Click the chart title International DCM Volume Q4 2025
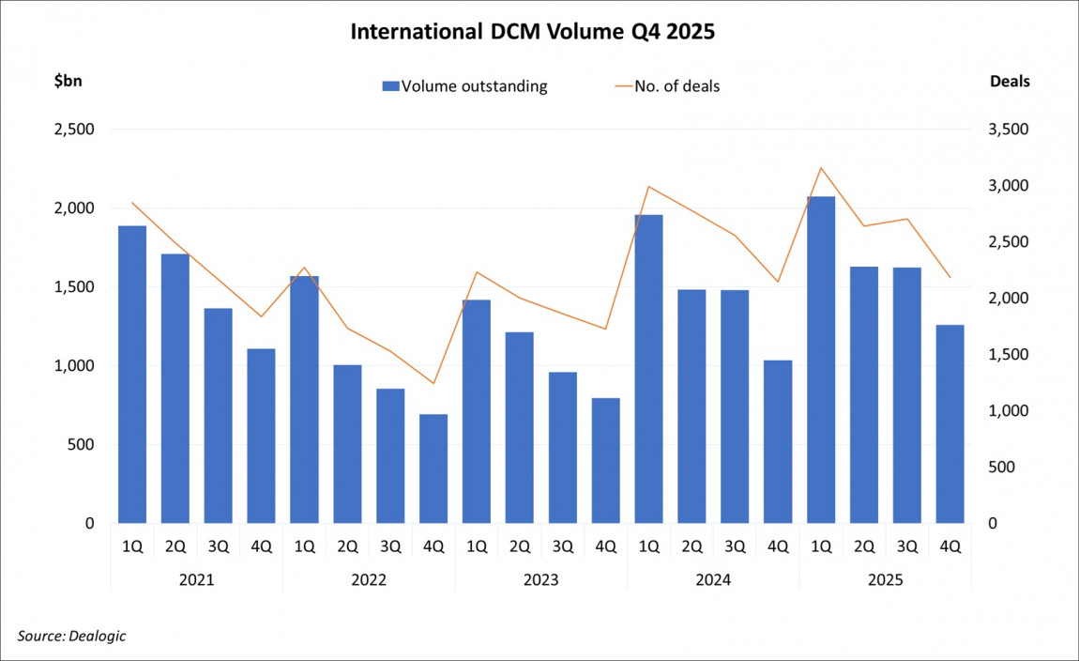(532, 31)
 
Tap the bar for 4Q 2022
(433, 469)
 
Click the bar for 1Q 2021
(132, 375)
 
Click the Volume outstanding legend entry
(464, 86)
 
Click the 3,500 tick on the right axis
(1010, 130)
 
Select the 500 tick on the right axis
(1001, 468)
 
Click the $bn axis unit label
(68, 81)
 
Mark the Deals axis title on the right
(1010, 81)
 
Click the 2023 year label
(541, 580)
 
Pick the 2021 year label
(196, 580)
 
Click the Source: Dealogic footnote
(71, 636)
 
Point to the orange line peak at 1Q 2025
(821, 168)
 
